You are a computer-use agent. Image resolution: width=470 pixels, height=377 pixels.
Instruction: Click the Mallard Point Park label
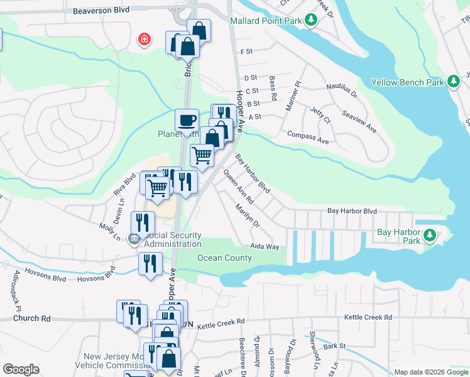[x=266, y=20]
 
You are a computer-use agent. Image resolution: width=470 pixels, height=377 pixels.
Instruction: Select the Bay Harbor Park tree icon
[x=429, y=236]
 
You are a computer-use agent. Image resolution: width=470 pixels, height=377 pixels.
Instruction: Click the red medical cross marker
[x=145, y=40]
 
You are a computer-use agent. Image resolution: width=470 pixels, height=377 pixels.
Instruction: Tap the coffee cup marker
[x=186, y=119]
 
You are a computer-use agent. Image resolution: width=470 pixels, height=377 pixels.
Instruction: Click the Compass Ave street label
[x=308, y=137]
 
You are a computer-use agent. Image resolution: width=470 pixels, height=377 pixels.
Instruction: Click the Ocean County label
[x=225, y=258]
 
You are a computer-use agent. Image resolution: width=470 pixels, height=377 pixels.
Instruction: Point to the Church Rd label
[x=32, y=319]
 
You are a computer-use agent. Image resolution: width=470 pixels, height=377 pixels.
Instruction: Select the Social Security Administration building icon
[x=133, y=238]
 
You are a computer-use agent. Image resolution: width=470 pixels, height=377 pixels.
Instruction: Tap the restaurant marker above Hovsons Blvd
[x=150, y=263]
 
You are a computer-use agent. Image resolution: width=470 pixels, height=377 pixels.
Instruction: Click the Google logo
[x=21, y=369]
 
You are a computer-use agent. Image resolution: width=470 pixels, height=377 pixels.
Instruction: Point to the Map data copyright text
[x=430, y=372]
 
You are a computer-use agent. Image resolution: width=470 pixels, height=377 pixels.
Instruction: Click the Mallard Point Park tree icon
[x=310, y=20]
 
